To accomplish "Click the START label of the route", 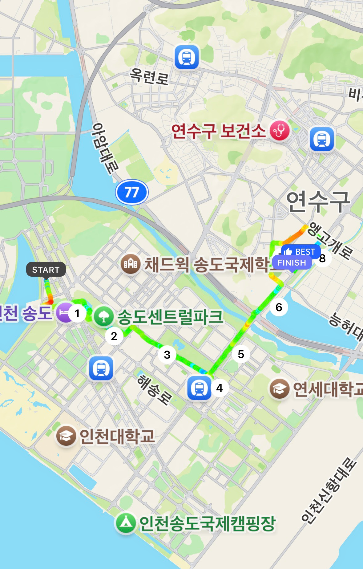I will (46, 270).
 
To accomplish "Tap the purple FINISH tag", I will (292, 263).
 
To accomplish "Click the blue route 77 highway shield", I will (132, 192).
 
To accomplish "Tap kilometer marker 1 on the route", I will (77, 314).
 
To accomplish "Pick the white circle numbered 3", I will (167, 355).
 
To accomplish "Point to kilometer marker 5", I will (241, 354).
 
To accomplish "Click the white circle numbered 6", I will (279, 307).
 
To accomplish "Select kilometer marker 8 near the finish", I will (323, 258).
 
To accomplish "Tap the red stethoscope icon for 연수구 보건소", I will (280, 131).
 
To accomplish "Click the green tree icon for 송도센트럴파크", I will (103, 316).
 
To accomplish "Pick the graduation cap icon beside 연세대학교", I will (279, 388).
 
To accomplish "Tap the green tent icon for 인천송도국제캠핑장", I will (125, 523).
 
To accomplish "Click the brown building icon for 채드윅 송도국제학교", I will (131, 264).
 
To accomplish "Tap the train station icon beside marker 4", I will (199, 388).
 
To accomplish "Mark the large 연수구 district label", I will (318, 202).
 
